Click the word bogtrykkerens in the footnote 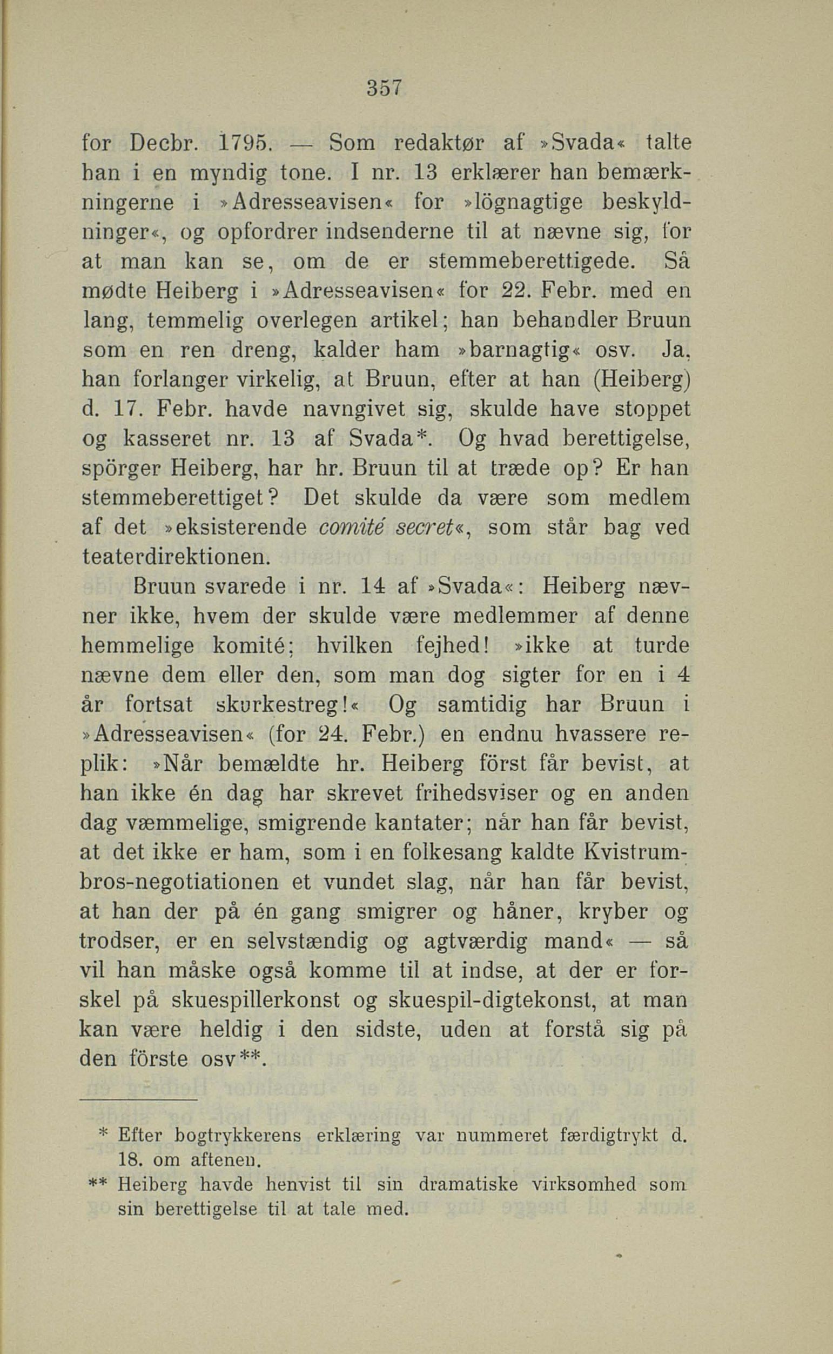(238, 1121)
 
